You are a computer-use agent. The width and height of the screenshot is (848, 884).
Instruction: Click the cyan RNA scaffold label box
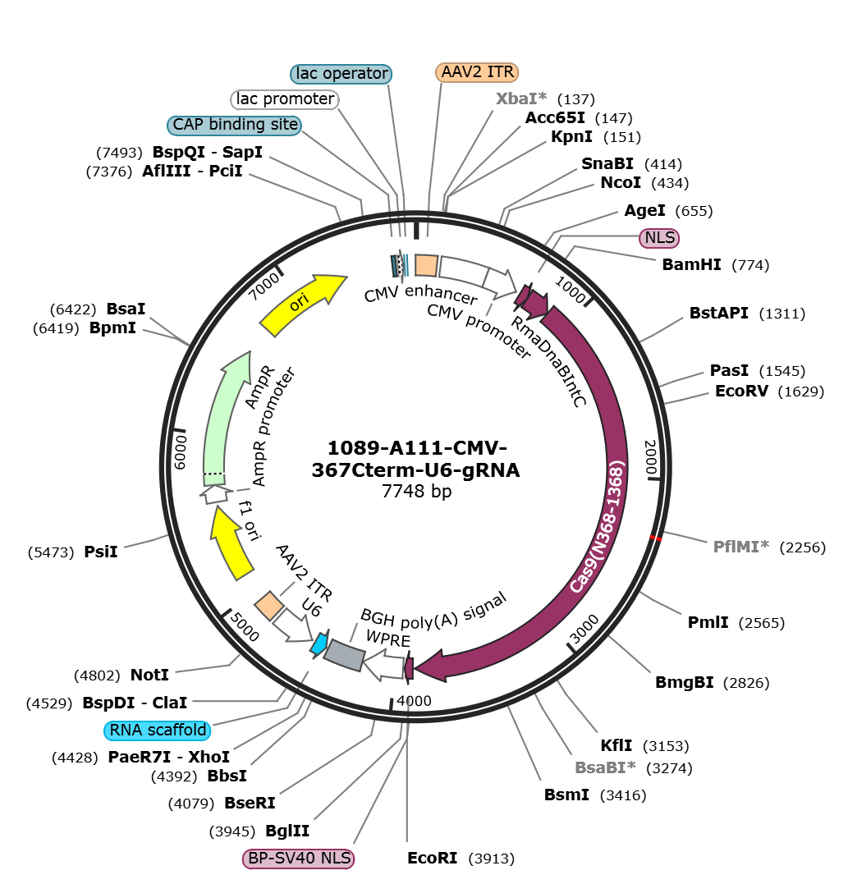tap(158, 730)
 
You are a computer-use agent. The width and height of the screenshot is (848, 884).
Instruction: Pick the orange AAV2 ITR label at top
tap(477, 72)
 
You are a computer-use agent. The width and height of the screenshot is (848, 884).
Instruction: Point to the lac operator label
tap(341, 73)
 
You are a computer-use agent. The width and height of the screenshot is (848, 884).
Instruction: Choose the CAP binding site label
tap(235, 125)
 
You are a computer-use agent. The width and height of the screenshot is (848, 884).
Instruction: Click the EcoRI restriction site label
tap(433, 858)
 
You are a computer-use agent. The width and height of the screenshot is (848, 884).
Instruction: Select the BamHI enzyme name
tap(692, 264)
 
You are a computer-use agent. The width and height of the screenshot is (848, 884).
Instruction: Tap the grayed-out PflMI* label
tap(741, 547)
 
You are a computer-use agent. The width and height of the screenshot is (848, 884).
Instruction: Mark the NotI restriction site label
tap(149, 675)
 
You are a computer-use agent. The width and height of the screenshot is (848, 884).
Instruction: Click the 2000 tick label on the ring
tap(651, 457)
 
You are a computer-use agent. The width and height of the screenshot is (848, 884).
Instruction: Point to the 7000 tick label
tap(264, 286)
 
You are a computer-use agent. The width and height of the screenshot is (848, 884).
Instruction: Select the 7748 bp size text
tap(417, 491)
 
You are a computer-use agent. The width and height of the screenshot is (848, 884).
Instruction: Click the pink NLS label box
tap(659, 238)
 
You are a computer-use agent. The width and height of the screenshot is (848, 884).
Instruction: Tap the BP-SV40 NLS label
tap(299, 859)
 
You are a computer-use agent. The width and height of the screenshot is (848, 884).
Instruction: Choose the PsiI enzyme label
tap(101, 552)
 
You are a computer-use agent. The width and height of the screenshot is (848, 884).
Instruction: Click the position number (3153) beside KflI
tap(666, 746)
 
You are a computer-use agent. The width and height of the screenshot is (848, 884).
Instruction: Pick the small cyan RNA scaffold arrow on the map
tap(319, 644)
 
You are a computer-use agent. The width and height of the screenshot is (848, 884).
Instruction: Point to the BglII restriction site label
tap(287, 831)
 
